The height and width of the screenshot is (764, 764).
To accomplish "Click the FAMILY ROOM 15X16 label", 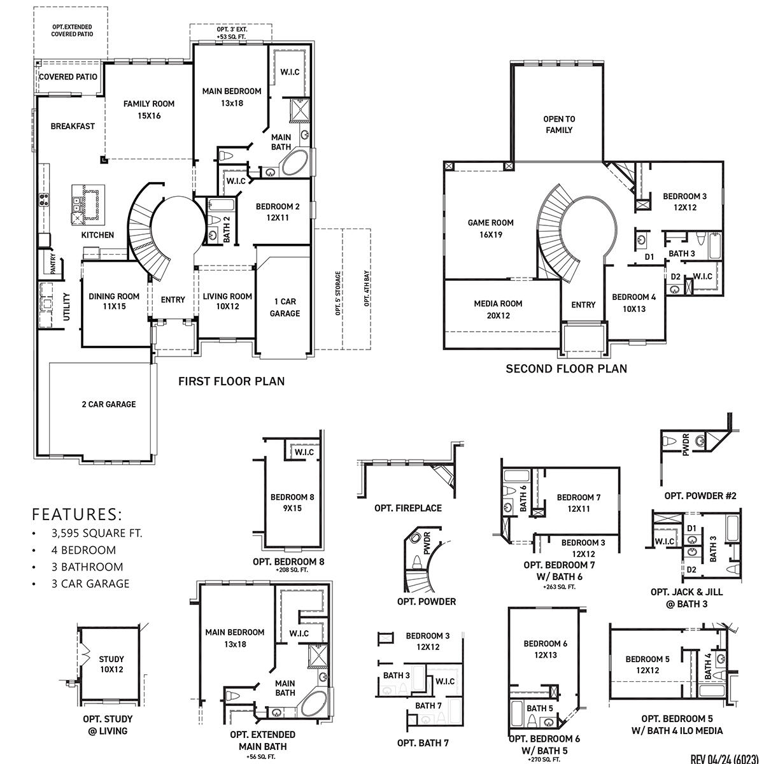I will tap(149, 110).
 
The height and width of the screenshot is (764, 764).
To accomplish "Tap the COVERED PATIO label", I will tap(68, 77).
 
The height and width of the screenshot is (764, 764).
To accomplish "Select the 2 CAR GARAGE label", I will tap(108, 404).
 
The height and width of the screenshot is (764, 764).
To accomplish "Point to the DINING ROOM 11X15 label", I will tap(114, 301).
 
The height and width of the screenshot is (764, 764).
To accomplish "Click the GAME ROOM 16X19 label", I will tap(490, 229).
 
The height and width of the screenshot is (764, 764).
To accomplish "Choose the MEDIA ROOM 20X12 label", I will tap(498, 309).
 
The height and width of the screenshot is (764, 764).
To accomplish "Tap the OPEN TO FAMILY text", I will tap(559, 124).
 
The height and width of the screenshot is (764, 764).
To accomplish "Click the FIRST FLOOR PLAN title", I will tap(231, 381).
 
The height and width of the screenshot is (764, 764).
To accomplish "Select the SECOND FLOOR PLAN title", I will tap(566, 369).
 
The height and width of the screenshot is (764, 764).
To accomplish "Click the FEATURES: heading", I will tap(77, 514).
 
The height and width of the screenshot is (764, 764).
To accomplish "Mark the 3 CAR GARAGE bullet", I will tap(90, 583).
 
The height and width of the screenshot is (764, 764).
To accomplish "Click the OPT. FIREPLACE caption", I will tap(408, 508).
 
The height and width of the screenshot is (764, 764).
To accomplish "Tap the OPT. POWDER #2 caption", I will tap(700, 495).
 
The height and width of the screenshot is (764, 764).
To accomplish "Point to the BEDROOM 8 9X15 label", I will tap(292, 502).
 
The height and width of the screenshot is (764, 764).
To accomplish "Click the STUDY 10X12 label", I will tap(111, 664).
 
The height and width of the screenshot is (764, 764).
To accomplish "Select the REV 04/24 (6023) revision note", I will tap(725, 758).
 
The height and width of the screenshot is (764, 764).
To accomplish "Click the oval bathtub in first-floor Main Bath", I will tap(295, 164).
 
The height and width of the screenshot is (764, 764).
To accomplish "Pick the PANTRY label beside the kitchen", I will tap(53, 264).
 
